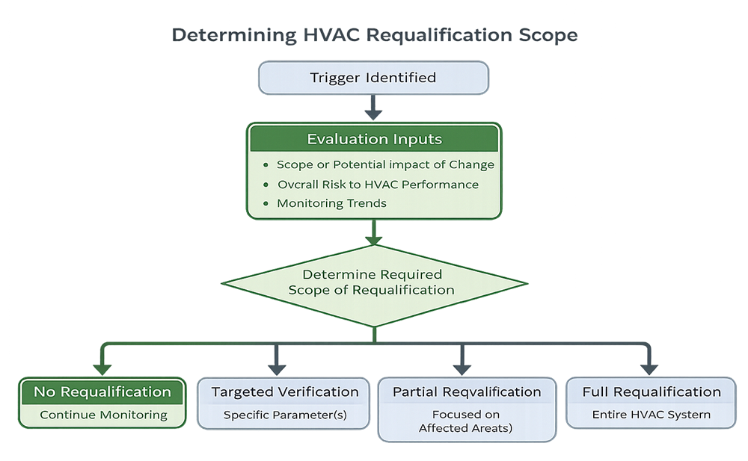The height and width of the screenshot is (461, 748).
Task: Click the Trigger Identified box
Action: [373, 78]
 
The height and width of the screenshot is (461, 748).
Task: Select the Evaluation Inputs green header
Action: [373, 139]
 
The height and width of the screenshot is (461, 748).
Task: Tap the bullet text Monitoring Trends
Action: [331, 203]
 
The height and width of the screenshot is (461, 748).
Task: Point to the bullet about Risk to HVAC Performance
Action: [377, 184]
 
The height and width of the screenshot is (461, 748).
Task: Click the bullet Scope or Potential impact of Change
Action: [384, 164]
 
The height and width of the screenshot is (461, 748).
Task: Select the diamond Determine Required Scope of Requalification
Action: [373, 282]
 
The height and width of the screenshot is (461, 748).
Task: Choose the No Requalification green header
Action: [102, 392]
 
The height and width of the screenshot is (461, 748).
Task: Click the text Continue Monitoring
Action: [103, 415]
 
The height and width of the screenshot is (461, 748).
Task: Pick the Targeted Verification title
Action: [284, 392]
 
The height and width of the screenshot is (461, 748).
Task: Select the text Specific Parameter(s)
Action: [284, 415]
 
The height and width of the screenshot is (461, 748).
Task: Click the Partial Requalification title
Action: [467, 392]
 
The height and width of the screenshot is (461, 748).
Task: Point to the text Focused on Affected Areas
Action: [467, 421]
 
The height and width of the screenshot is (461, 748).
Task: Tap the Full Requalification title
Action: [650, 392]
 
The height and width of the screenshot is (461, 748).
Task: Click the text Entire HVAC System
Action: [650, 415]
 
